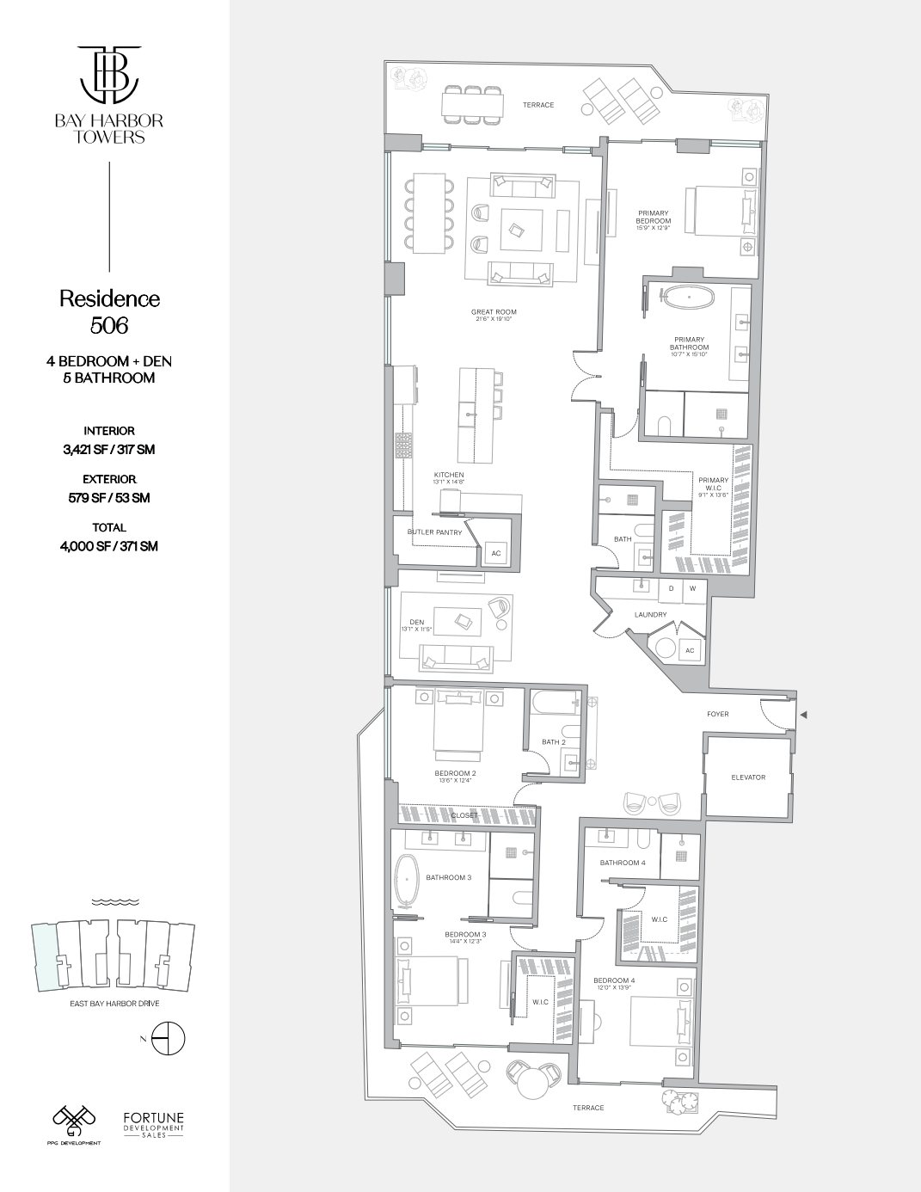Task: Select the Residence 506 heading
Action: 109,311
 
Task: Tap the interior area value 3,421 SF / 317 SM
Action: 109,449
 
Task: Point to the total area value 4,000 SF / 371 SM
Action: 109,546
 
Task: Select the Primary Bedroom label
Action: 654,216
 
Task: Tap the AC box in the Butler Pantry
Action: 495,553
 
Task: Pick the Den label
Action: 416,622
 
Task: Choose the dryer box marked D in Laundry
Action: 671,589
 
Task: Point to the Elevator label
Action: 747,777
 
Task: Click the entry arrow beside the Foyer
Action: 804,715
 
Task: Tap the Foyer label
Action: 718,714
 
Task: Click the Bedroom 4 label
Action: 614,980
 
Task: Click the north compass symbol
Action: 168,1041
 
